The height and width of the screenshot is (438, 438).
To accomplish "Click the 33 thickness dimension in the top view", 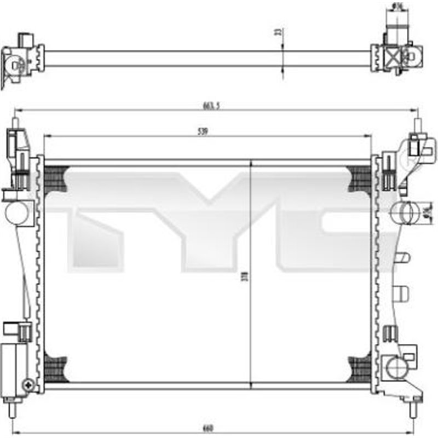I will [x=278, y=33].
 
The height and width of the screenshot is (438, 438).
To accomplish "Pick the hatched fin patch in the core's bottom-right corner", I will [x=359, y=367].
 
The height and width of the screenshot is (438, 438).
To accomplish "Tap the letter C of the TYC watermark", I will [x=328, y=219].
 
